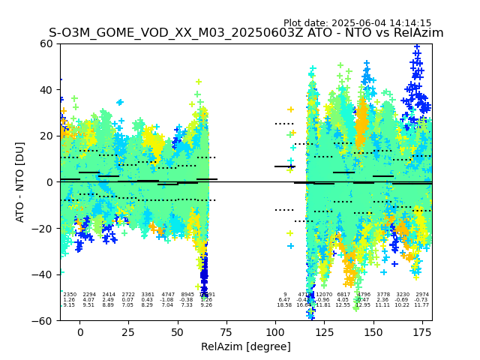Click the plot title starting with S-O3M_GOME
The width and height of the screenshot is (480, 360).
click(246, 33)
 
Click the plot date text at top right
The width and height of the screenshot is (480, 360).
click(357, 23)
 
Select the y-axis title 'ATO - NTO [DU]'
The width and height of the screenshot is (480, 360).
click(20, 181)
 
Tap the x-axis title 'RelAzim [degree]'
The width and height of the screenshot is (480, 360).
click(246, 346)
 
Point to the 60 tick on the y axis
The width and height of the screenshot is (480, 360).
click(47, 43)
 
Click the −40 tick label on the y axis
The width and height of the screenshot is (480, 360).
click(44, 274)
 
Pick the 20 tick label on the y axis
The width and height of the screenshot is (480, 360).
click(47, 136)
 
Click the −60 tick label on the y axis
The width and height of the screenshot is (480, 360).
click(44, 320)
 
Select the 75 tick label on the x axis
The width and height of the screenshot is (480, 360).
click(226, 331)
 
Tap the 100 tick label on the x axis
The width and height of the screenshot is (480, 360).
click(275, 331)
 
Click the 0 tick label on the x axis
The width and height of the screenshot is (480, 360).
click(80, 331)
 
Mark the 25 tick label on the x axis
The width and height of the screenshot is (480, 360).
click(129, 331)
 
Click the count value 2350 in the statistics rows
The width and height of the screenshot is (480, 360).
click(70, 295)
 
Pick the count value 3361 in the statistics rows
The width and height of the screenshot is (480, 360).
click(148, 295)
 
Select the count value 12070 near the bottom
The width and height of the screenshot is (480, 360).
click(324, 295)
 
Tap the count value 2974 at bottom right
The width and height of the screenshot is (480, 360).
click(422, 295)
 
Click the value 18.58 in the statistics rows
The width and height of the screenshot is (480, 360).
click(284, 305)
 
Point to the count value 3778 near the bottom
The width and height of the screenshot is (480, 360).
click(383, 295)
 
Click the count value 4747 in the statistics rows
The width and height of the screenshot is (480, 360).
click(168, 295)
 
